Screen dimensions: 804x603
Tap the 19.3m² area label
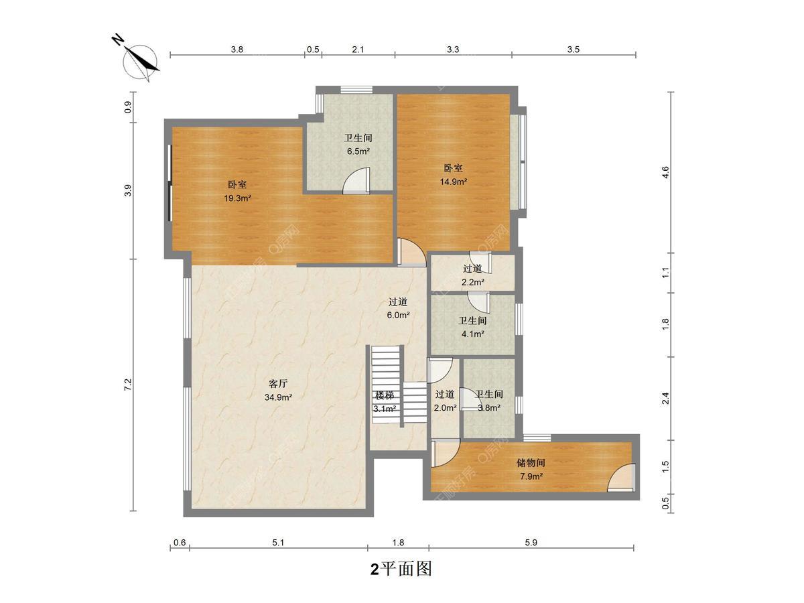[237, 198]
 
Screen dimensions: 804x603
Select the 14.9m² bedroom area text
[453, 182]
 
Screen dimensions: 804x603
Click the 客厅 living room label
[278, 384]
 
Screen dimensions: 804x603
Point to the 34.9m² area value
[278, 397]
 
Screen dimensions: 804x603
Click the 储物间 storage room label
[531, 463]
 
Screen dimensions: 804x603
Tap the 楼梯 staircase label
[385, 395]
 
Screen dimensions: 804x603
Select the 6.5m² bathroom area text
[358, 151]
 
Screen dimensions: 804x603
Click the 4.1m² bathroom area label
[472, 334]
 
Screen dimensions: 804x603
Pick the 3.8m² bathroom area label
[489, 408]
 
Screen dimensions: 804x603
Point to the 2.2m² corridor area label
[472, 282]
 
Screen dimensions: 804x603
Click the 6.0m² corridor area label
[398, 315]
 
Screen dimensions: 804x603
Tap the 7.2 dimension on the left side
[127, 385]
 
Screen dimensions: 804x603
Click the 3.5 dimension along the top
[574, 50]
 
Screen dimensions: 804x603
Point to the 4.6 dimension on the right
[665, 172]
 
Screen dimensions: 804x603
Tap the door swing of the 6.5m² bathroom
[356, 180]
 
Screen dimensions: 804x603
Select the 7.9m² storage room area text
[531, 476]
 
